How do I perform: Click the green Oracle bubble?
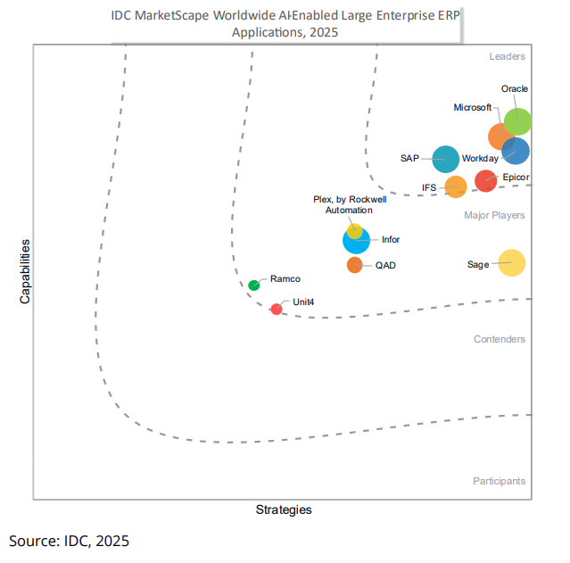coord(518,120)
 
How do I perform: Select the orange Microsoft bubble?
coord(500,137)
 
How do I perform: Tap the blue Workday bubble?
coord(516,152)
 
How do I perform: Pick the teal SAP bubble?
coord(445,159)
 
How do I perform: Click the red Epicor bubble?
coord(485,180)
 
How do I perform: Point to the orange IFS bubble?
coord(456,186)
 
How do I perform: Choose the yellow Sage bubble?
coord(511,262)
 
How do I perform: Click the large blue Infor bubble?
coord(357,241)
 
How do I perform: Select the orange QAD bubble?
coord(354,265)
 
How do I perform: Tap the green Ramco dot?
coord(253,286)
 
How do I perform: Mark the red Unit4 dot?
coord(277,309)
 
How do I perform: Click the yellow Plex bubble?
coord(355,231)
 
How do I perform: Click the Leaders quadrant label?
coord(507,56)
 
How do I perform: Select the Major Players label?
coord(494,215)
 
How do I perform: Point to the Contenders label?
coord(500,339)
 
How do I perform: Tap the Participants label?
coord(499,481)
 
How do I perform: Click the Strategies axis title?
coord(284,510)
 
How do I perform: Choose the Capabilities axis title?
coord(26,271)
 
